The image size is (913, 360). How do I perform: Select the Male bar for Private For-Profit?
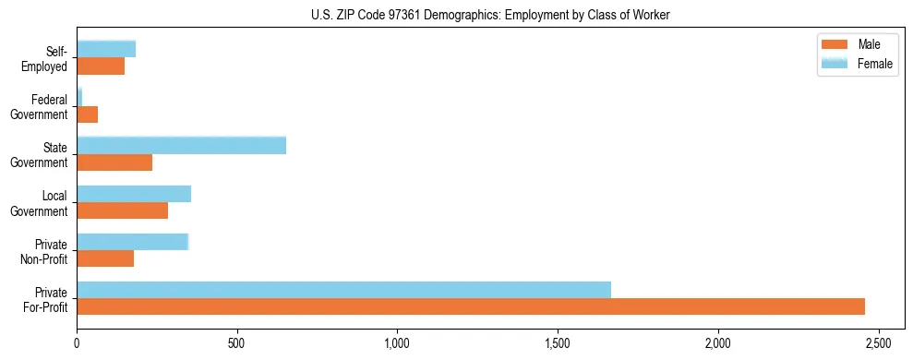(471, 306)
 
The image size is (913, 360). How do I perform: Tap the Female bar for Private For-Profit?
(343, 290)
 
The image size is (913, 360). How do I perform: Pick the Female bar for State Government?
(181, 145)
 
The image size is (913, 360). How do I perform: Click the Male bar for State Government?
(114, 162)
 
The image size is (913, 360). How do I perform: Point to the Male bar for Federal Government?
(88, 114)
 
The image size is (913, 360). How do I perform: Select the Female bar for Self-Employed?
(106, 49)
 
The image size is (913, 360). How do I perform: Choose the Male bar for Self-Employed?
(101, 66)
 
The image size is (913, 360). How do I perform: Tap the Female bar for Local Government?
(134, 194)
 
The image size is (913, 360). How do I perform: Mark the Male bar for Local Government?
(123, 210)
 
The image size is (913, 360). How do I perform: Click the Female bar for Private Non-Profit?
(133, 242)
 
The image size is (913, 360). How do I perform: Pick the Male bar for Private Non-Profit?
(105, 258)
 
